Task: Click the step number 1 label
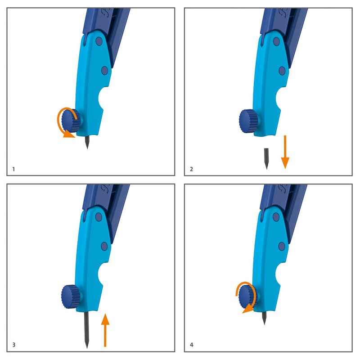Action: [x=13, y=169]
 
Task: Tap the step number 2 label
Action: [x=192, y=169]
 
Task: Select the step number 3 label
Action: [x=14, y=345]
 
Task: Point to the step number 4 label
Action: [x=192, y=345]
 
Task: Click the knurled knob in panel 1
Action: [x=72, y=121]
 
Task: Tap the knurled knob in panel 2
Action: [x=249, y=121]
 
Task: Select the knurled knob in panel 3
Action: [x=72, y=297]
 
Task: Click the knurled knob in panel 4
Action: [x=248, y=296]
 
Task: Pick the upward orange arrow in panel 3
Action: [x=105, y=330]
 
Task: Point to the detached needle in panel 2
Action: [x=266, y=159]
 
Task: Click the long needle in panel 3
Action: [x=86, y=329]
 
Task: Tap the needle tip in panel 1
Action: [x=87, y=149]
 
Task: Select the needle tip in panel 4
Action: [x=265, y=324]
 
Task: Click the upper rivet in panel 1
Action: [x=99, y=41]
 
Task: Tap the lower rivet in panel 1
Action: [x=105, y=71]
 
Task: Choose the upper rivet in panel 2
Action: [x=276, y=41]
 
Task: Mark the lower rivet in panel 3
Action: [x=104, y=247]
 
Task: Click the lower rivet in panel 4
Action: [x=282, y=246]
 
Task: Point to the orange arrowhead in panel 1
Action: [x=68, y=134]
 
